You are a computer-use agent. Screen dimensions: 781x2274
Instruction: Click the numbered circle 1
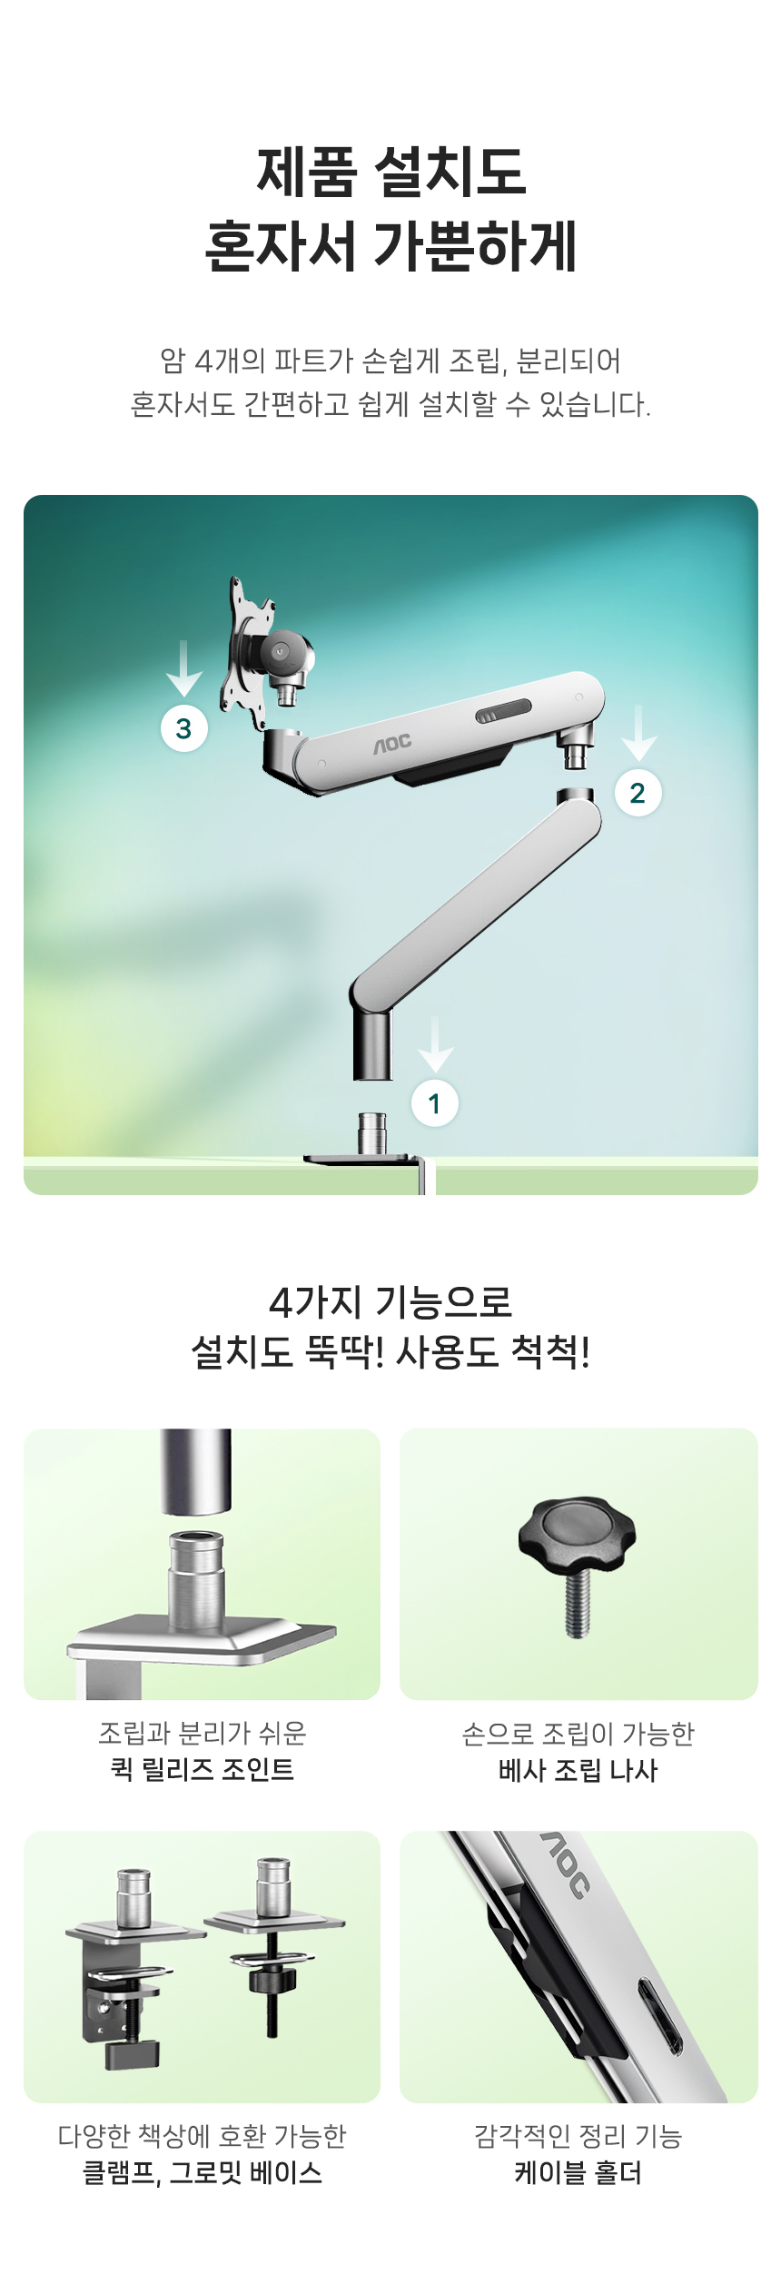click(x=435, y=1103)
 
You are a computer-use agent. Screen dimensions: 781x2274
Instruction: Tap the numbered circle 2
click(x=638, y=793)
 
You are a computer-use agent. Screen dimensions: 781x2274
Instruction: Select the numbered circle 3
click(x=184, y=728)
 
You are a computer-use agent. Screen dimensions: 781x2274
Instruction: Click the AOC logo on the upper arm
click(x=392, y=744)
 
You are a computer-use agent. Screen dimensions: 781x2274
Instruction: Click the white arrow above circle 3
click(x=184, y=668)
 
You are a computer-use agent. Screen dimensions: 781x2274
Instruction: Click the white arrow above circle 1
click(x=436, y=1044)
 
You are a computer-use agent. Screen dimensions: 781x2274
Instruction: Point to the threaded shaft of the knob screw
click(x=577, y=1604)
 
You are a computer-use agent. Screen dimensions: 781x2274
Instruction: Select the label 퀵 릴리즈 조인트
click(x=203, y=1769)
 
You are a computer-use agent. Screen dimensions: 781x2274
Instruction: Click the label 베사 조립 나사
click(x=578, y=1770)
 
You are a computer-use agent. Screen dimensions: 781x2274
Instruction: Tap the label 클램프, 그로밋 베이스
click(x=203, y=2172)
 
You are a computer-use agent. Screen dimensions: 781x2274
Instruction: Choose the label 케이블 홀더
click(x=578, y=2172)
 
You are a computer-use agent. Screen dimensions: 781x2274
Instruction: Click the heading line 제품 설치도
click(x=391, y=172)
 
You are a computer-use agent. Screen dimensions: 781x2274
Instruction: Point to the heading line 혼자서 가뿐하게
click(x=391, y=246)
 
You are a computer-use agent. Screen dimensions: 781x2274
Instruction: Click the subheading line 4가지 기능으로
click(x=391, y=1302)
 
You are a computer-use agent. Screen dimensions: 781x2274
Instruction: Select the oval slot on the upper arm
click(x=503, y=711)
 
